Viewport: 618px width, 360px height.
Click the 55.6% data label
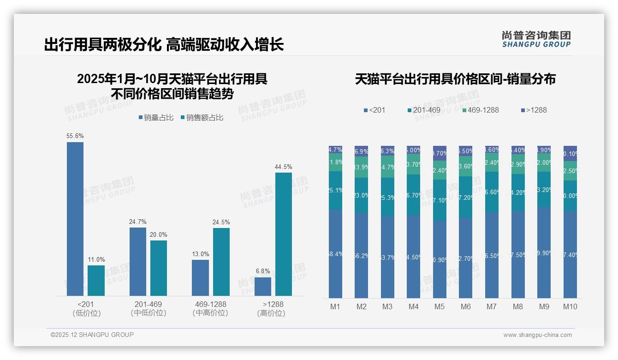tap(75, 136)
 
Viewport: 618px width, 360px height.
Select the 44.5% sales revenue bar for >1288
tap(284, 234)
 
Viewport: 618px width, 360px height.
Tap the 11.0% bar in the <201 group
tap(96, 281)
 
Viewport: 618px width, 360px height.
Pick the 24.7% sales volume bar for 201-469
tap(138, 261)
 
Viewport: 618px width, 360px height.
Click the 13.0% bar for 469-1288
tap(200, 277)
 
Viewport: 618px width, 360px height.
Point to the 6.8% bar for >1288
tap(263, 286)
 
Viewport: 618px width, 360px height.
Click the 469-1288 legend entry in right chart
tap(480, 110)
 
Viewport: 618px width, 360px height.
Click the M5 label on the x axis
tap(440, 306)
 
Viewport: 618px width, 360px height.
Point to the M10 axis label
tap(570, 306)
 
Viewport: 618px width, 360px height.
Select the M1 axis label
tap(335, 306)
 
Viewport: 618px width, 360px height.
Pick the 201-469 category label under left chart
tap(148, 305)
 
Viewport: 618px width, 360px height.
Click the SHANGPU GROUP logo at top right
tap(536, 39)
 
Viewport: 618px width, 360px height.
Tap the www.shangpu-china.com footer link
tap(537, 335)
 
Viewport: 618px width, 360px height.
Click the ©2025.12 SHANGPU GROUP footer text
tap(92, 335)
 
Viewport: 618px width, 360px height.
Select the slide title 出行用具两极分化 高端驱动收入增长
tap(164, 45)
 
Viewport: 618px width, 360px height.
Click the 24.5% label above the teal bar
tap(221, 222)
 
